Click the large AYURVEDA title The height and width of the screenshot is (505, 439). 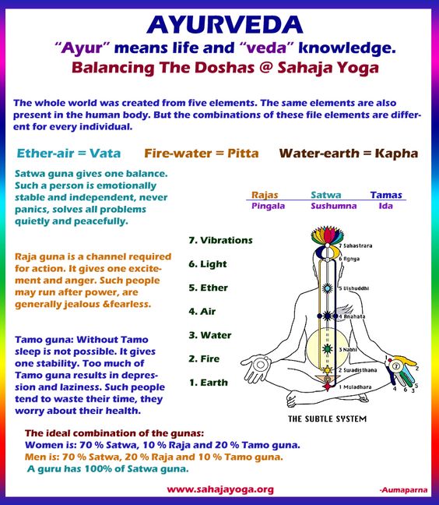click(x=224, y=25)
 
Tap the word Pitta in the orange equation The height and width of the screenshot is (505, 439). click(x=243, y=154)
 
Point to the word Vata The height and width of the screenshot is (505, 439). click(x=105, y=154)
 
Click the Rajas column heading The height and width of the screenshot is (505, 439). click(x=265, y=195)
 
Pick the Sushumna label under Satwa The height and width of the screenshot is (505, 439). click(x=334, y=206)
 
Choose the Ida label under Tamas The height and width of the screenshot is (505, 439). click(x=385, y=206)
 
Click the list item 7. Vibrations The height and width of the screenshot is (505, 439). click(x=220, y=240)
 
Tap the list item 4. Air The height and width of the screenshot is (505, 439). click(x=202, y=312)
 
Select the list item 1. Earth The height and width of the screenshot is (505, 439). click(x=209, y=383)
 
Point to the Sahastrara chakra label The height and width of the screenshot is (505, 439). click(x=356, y=245)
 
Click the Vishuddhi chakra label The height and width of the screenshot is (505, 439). click(x=354, y=288)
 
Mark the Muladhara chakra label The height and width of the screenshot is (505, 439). click(x=355, y=387)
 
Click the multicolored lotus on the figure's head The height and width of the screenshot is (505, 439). click(x=327, y=235)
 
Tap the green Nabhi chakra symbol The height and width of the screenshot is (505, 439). click(x=327, y=349)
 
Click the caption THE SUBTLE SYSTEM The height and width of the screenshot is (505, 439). click(x=327, y=418)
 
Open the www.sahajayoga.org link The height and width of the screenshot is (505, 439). click(x=220, y=489)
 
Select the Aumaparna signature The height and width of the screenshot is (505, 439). click(x=404, y=490)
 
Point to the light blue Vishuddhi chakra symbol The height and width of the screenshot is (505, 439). click(x=327, y=288)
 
